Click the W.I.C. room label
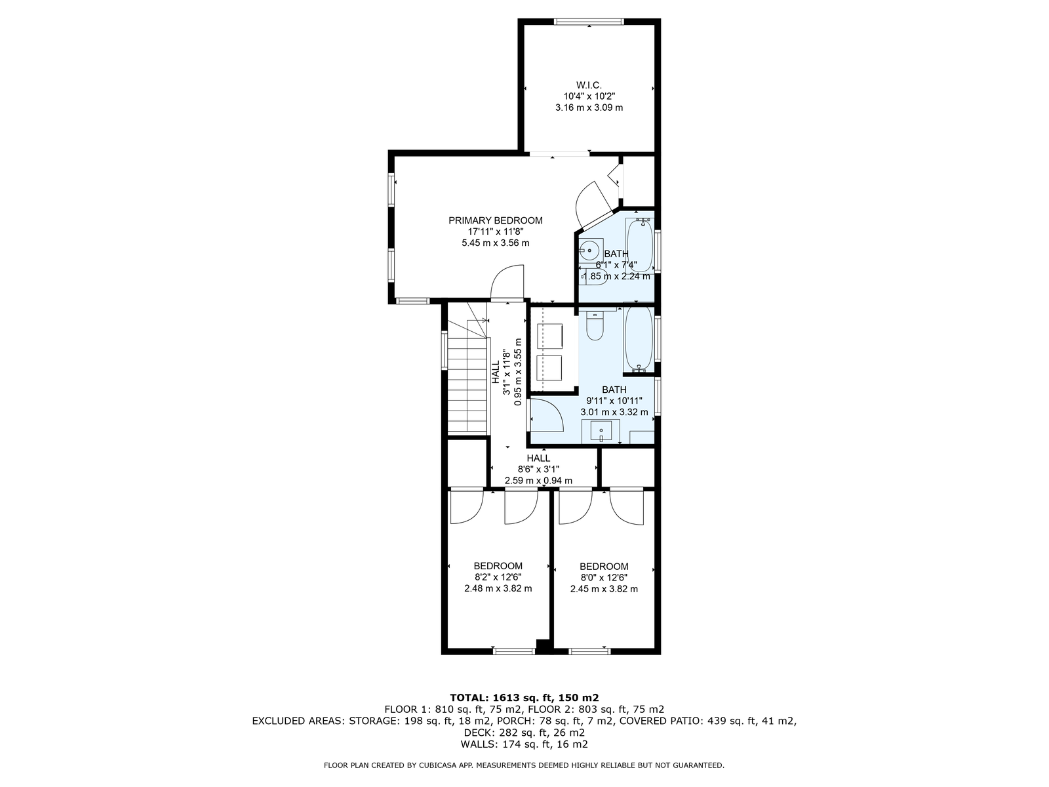click(588, 85)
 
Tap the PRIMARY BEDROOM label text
click(496, 221)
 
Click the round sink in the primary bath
click(590, 250)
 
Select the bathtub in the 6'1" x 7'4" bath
click(640, 245)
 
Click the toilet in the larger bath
click(595, 325)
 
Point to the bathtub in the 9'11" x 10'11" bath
click(639, 339)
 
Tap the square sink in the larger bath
click(601, 432)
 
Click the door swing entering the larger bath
click(547, 415)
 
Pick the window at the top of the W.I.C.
click(589, 22)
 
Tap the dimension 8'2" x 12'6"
click(498, 577)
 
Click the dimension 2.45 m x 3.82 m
click(604, 589)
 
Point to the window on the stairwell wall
click(445, 350)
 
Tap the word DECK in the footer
click(476, 732)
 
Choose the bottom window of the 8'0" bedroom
click(589, 651)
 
